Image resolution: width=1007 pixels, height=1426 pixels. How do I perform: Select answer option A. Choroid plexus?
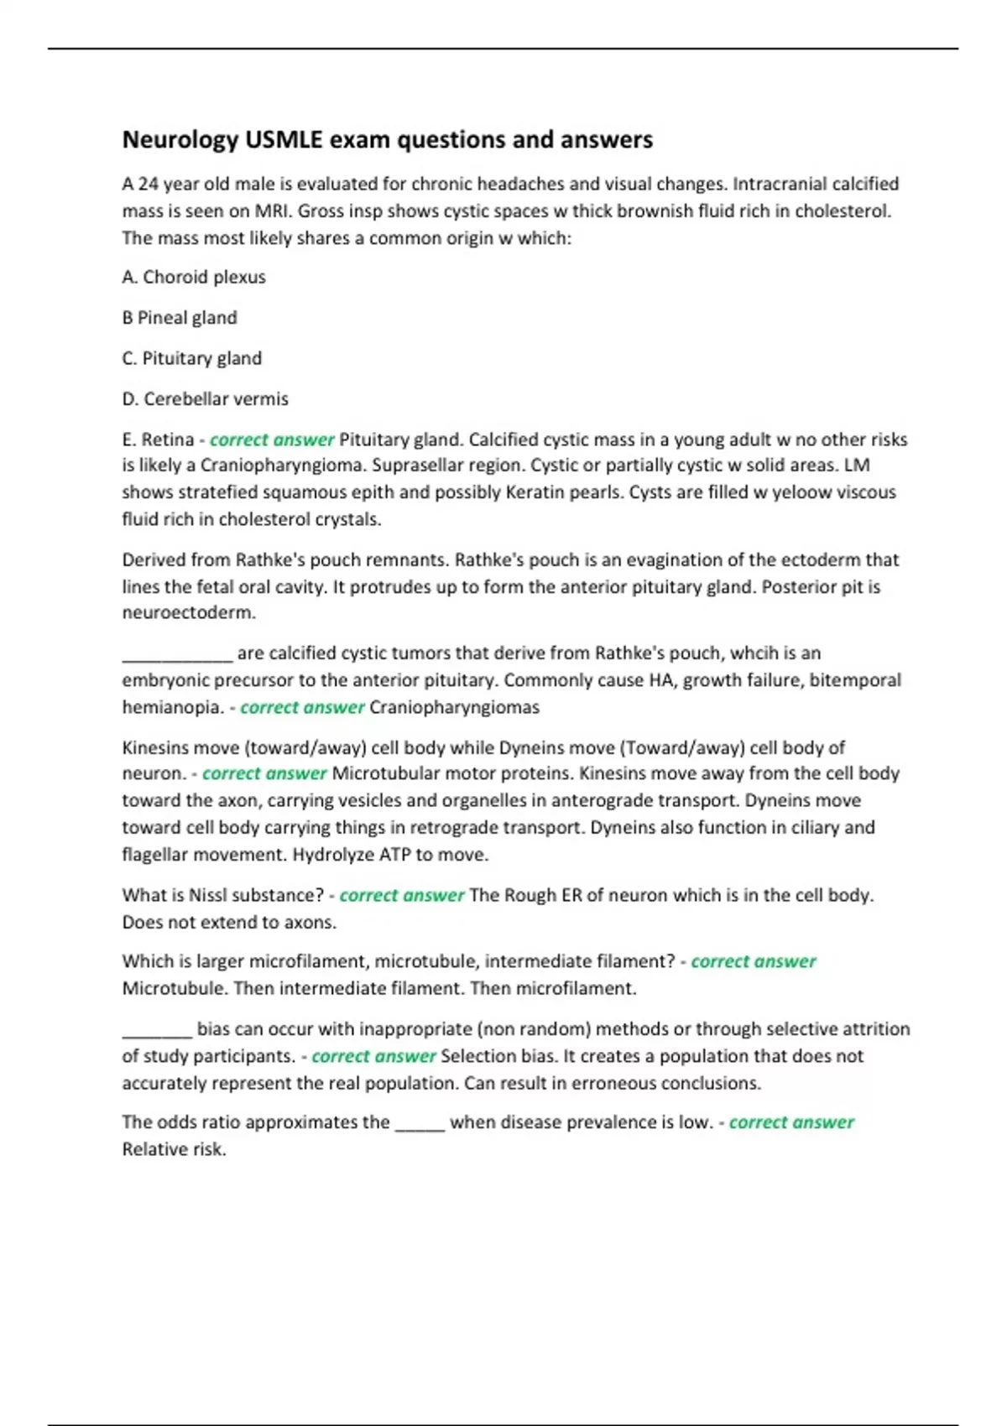[194, 277]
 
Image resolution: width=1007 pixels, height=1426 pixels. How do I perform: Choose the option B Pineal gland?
[180, 318]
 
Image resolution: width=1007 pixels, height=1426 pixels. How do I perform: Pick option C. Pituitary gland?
[192, 358]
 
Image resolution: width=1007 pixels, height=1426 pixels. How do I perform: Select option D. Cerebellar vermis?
[206, 399]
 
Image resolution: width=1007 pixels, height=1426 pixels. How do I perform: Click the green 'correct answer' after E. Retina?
[272, 440]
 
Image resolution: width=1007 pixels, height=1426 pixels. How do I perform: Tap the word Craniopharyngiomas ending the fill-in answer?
[454, 707]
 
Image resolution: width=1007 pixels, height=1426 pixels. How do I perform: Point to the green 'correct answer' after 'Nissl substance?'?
[402, 895]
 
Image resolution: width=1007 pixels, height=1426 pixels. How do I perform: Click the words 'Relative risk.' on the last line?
[175, 1149]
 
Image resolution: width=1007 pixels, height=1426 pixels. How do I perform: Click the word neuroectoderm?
[189, 612]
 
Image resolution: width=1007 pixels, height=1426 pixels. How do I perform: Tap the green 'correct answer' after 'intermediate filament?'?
[754, 961]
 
